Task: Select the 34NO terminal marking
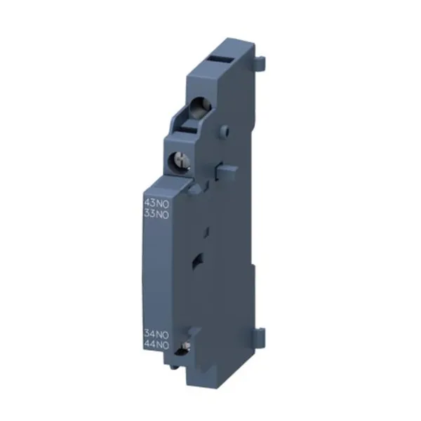(x=156, y=335)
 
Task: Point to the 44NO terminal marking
(x=156, y=345)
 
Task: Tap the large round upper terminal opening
(x=200, y=107)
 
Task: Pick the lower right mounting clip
(x=260, y=338)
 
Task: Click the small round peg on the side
(x=225, y=131)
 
